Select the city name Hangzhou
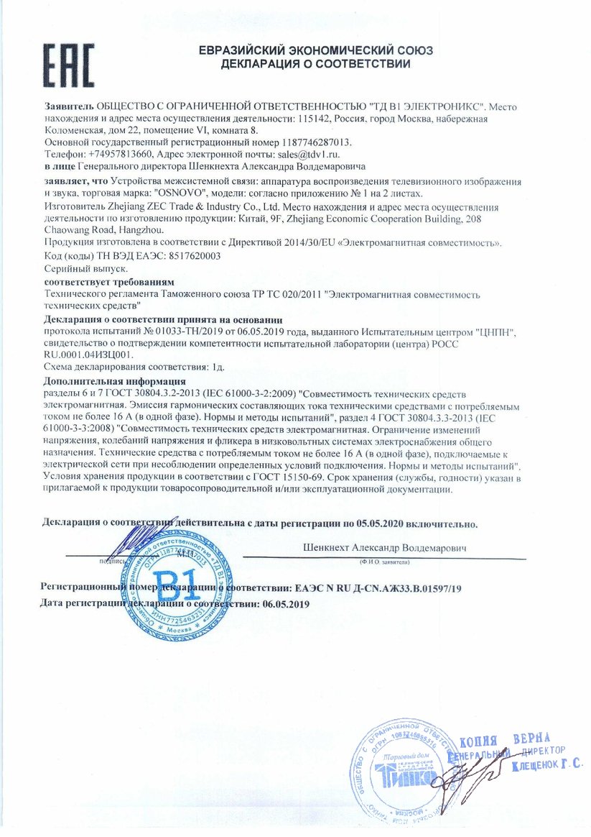[142, 230]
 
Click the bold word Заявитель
[69, 106]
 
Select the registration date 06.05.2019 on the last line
[286, 604]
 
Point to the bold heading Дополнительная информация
[115, 380]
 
